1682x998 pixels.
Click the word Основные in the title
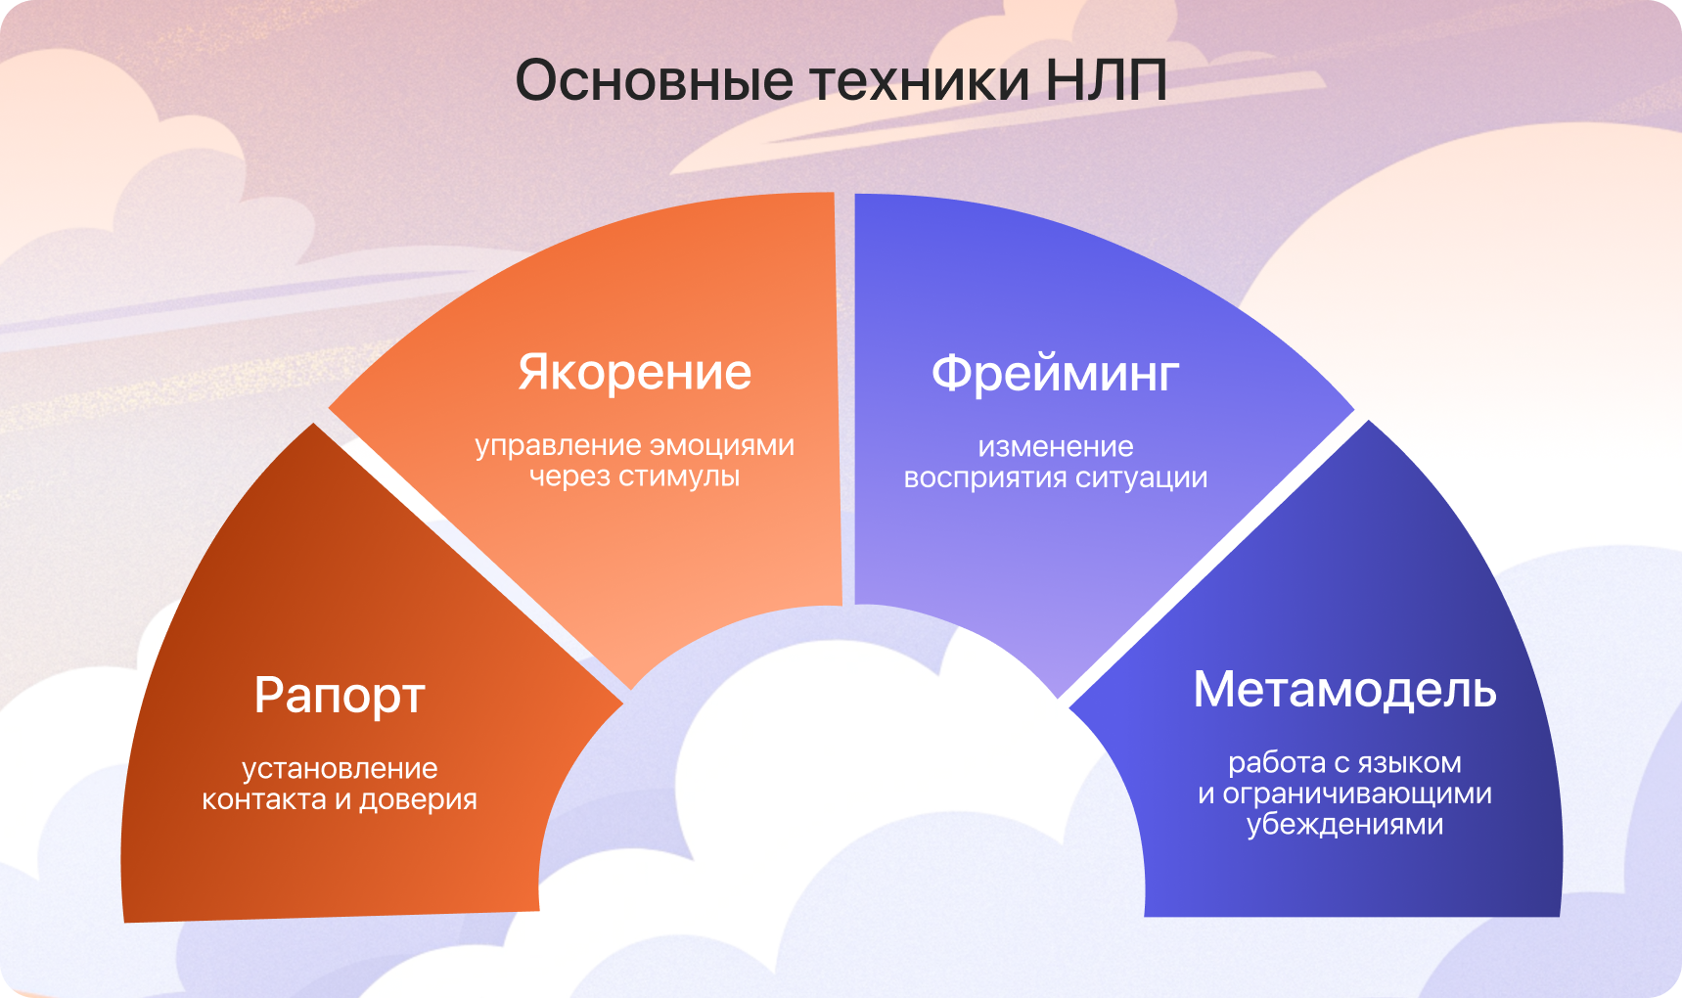(654, 80)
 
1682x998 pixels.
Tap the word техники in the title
(921, 80)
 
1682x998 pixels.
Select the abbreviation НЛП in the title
(1106, 80)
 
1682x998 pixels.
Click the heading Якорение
(635, 373)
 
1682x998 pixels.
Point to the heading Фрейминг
(1055, 374)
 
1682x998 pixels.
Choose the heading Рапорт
(340, 697)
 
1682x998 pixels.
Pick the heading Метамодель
(1344, 690)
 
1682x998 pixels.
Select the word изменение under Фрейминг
(1056, 447)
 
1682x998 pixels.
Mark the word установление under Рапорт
(340, 769)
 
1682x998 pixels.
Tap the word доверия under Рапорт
(419, 800)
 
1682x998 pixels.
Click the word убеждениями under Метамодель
(1344, 825)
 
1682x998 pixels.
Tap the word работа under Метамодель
(1269, 763)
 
